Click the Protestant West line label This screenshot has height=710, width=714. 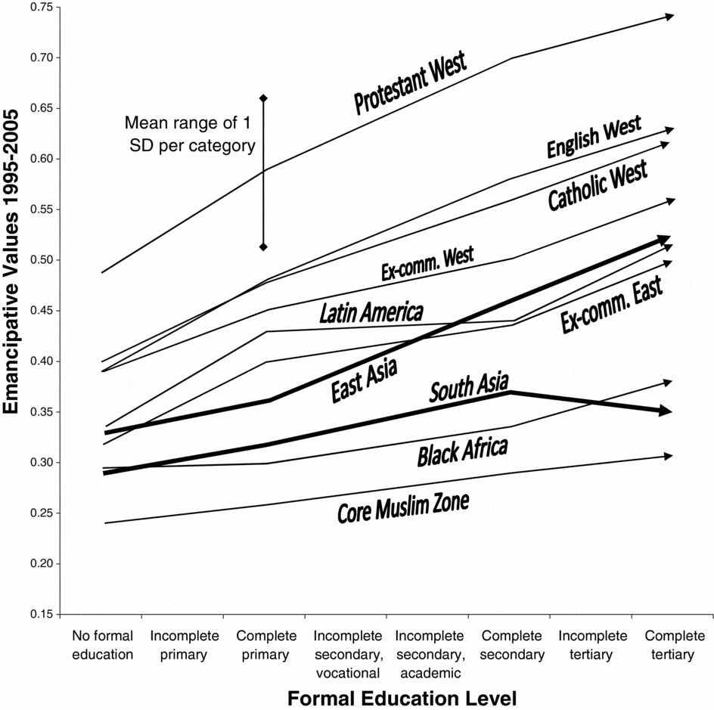[x=411, y=83]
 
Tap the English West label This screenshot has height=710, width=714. [x=594, y=137]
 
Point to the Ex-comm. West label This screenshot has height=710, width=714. [x=427, y=265]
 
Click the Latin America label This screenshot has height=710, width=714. [x=371, y=313]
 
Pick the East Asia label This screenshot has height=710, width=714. [x=365, y=380]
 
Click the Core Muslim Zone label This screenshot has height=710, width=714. [x=403, y=507]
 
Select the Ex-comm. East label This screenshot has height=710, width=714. [x=613, y=305]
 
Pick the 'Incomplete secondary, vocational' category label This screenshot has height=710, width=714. [x=346, y=653]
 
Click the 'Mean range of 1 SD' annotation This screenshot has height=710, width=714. [x=190, y=133]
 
